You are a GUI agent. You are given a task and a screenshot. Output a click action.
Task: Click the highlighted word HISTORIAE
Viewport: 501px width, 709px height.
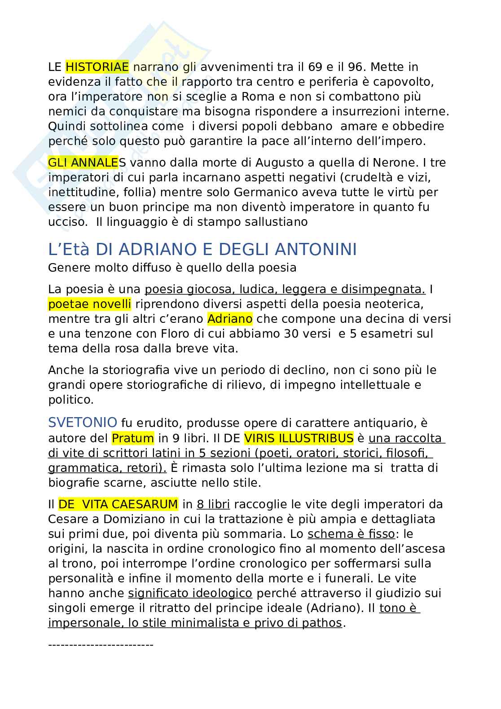tap(97, 67)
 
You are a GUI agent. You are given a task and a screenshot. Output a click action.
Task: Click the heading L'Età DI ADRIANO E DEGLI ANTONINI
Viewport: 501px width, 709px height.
tap(202, 249)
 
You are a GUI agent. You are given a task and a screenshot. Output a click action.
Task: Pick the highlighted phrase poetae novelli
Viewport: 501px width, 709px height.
tap(90, 304)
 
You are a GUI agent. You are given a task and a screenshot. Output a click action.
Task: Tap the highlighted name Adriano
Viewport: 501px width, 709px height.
tap(230, 319)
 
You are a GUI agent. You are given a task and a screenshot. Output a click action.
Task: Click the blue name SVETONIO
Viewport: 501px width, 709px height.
tap(83, 423)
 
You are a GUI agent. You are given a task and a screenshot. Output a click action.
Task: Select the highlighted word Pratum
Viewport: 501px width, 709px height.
tap(133, 438)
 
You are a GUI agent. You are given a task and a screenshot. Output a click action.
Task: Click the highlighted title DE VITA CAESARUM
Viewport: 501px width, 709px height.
tap(119, 504)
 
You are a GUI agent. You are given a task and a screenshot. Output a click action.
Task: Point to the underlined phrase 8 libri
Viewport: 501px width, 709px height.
tap(213, 504)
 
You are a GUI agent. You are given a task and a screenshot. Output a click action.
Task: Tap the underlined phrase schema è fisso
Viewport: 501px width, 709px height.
tap(351, 534)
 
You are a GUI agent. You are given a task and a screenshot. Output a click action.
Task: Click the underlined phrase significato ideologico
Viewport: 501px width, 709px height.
tap(190, 593)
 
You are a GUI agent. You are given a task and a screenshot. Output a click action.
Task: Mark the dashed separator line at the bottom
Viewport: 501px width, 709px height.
tap(101, 645)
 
